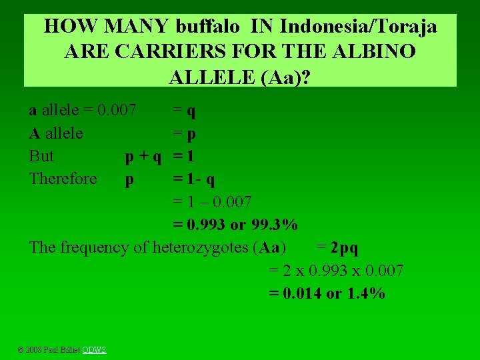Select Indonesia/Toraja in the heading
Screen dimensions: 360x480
tap(359, 27)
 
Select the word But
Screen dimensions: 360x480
tap(41, 156)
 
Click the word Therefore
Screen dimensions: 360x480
tap(63, 179)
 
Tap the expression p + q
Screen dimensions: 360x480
tap(143, 156)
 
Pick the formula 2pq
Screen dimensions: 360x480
tap(344, 248)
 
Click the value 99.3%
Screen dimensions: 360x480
tap(273, 225)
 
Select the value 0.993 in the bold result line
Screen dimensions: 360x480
tap(205, 225)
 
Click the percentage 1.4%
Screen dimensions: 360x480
tap(365, 293)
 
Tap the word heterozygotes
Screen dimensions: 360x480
tap(201, 248)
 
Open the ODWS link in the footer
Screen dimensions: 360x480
tap(94, 350)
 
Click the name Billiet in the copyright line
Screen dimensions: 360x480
tap(70, 350)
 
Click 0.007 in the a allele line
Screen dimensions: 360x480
tap(117, 110)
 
